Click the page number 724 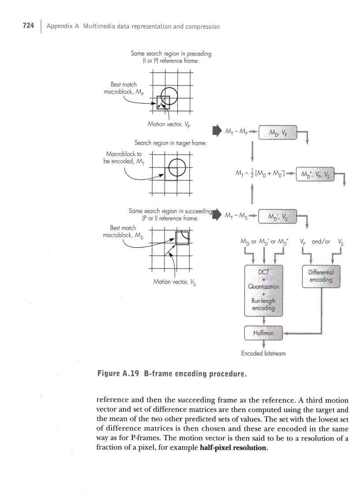[x=28, y=26]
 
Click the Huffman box [x=263, y=333]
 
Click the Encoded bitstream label [x=263, y=354]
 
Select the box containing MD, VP [x=277, y=132]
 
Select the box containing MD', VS [x=277, y=216]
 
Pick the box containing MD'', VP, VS [x=316, y=174]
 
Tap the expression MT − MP [x=236, y=131]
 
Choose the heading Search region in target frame [x=171, y=143]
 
